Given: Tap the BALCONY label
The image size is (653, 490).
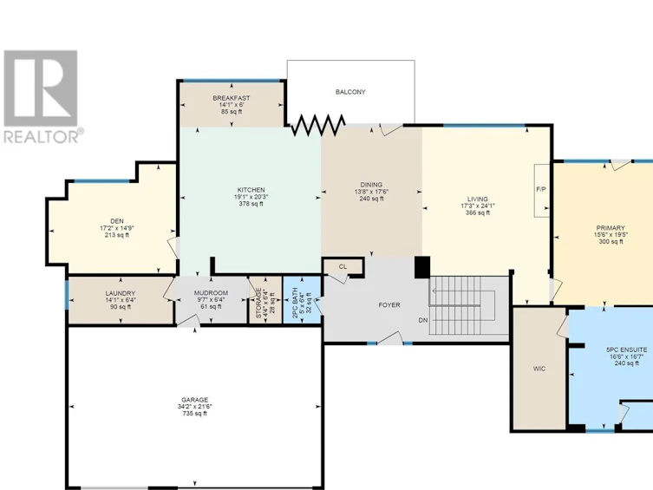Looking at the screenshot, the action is [350, 92].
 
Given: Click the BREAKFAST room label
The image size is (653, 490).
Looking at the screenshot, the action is [232, 98].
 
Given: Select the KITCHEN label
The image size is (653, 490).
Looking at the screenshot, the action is [251, 190].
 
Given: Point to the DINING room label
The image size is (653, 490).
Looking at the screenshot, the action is [371, 185].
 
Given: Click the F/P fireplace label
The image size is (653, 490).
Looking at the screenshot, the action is [541, 189].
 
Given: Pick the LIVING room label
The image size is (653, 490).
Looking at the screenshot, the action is [477, 199].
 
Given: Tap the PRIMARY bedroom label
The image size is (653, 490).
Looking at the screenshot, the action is [611, 228].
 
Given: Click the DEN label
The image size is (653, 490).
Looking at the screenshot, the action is [116, 221].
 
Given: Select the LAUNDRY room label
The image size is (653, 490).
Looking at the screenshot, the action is [120, 293].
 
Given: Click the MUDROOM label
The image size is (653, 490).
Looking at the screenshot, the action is [211, 293].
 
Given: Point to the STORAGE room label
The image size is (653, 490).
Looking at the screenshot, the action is [258, 303].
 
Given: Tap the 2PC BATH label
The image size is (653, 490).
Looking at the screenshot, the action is [295, 303].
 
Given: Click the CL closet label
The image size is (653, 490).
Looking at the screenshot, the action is [343, 267].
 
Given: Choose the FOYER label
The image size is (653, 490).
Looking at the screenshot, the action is [389, 305].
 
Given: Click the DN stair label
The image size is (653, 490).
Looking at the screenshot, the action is [423, 320].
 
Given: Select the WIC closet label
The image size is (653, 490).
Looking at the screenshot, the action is [539, 369].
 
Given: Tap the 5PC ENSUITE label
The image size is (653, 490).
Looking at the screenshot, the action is [626, 350].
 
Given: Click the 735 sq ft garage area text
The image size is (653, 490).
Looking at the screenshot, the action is [194, 414].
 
